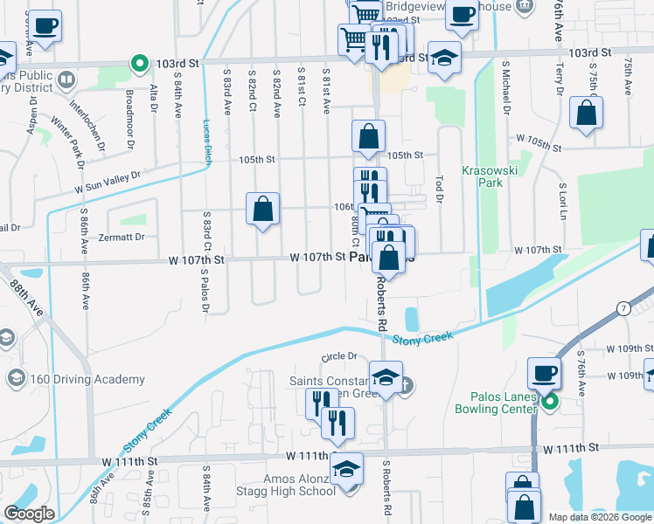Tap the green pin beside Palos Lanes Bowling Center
click(549, 403)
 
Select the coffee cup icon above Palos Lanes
click(544, 373)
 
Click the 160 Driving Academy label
click(87, 379)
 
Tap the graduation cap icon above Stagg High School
click(347, 468)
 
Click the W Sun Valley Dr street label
click(108, 182)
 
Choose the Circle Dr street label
click(340, 356)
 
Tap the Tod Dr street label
click(439, 185)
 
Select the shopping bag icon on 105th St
click(369, 136)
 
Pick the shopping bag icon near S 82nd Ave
click(262, 209)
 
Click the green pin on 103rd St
click(138, 63)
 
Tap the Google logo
click(30, 514)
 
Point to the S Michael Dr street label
click(505, 88)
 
